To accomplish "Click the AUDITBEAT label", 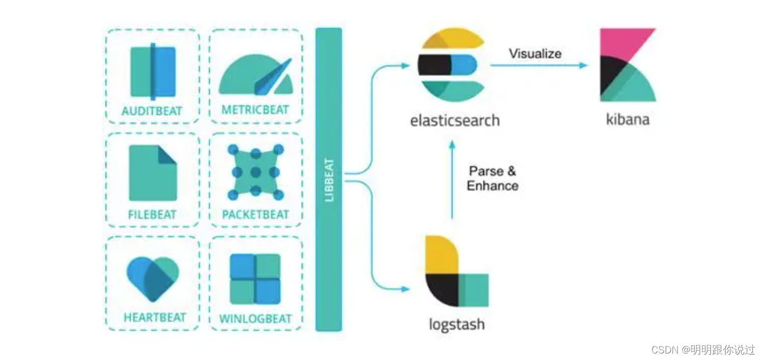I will point(152,111).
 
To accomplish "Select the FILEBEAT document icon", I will point(153,172).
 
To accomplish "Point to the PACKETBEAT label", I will point(255,215).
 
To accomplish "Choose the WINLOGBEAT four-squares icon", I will point(255,279).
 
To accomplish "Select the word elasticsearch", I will point(455,120).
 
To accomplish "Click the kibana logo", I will point(628,65).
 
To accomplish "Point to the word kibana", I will point(628,119).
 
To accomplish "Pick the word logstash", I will point(456,324).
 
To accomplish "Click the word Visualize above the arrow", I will point(535,53).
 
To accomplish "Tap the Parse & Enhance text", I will point(493,178).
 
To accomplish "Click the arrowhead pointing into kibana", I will point(583,65).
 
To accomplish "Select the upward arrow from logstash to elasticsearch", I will point(452,179).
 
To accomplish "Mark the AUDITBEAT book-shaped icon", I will point(153,72).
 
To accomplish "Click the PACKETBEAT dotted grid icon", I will point(255,172).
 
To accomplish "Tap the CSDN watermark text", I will point(702,350).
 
